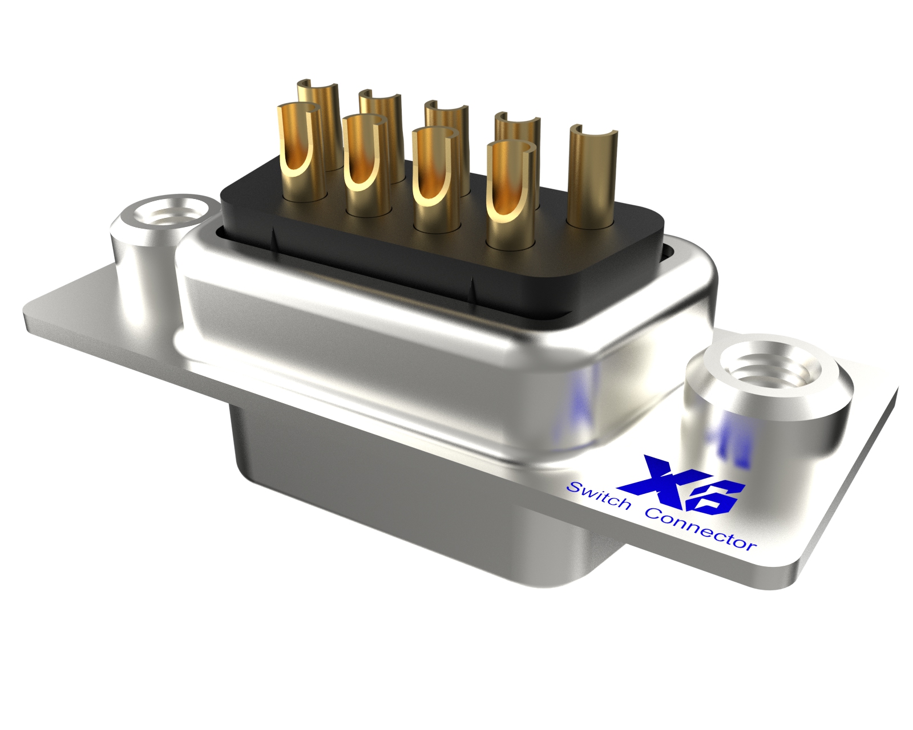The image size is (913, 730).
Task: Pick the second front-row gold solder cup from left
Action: (x=365, y=165)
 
